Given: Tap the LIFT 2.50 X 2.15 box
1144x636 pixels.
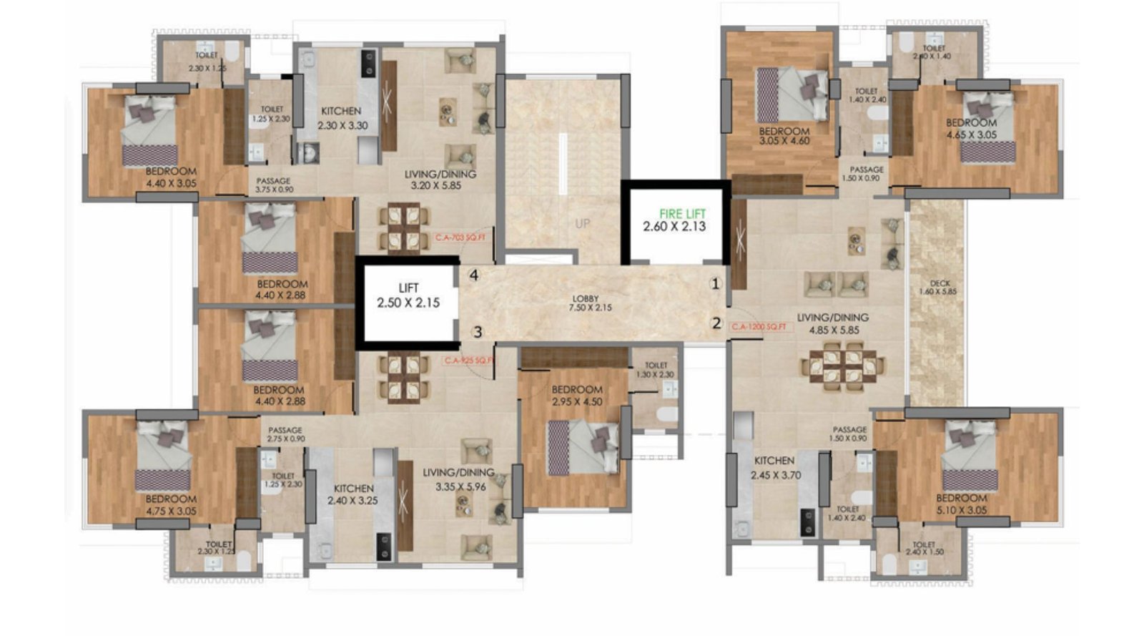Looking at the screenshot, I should point(408,295).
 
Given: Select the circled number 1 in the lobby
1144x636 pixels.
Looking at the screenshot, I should point(716,284).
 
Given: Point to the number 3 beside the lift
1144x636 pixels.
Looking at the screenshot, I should point(478,331).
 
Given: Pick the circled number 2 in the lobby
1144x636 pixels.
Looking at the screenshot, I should point(716,323).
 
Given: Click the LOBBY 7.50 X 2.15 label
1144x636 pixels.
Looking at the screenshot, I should point(585,303).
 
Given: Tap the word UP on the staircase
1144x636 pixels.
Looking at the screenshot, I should point(583,223).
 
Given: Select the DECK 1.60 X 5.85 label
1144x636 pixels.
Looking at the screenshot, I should point(940,288).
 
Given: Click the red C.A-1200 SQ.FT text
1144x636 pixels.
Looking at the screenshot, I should point(759,327).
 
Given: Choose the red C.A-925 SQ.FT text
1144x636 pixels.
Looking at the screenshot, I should point(468,361).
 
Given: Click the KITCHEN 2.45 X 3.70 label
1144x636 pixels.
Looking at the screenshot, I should point(775,468).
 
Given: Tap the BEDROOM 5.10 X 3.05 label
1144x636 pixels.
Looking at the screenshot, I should point(961,504).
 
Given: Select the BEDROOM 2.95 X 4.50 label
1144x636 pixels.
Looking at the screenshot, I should point(576,395).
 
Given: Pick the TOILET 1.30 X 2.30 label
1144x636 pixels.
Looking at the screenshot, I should point(655,370).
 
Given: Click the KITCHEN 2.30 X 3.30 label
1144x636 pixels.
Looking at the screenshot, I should point(342,118).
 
